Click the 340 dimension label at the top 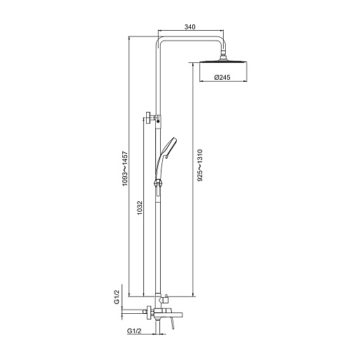189,27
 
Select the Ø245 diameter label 222,77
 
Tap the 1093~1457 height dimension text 125,168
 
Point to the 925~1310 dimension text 200,165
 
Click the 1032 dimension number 139,208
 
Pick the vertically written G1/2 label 117,296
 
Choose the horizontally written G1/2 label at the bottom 134,331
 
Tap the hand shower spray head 169,146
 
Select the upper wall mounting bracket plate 148,118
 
